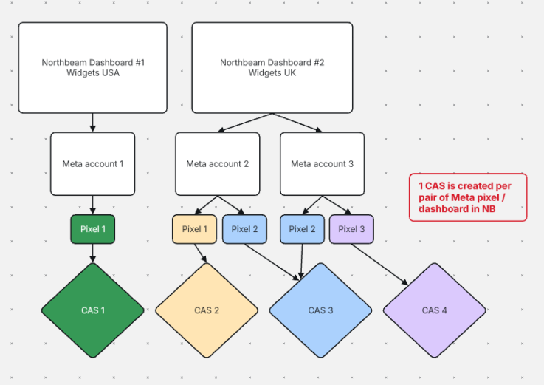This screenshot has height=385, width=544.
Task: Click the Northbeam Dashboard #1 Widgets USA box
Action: tap(92, 68)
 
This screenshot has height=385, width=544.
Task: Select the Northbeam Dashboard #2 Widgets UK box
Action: tap(272, 68)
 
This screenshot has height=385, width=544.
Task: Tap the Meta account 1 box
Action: tap(92, 163)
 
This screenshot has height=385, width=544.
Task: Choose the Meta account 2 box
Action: tap(218, 163)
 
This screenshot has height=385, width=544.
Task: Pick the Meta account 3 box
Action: tap(323, 163)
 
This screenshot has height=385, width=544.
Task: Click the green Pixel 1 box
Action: tap(92, 229)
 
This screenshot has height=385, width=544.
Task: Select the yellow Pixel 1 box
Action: tap(195, 229)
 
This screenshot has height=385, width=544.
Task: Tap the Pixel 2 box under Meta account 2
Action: tap(244, 229)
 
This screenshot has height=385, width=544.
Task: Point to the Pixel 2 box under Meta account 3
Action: tap(302, 229)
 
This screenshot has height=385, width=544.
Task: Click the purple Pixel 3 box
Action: tap(351, 229)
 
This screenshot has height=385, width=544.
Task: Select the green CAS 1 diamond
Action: tap(92, 310)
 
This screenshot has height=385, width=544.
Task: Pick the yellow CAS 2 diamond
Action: tap(207, 310)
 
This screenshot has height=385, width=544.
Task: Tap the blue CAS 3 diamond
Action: tap(320, 310)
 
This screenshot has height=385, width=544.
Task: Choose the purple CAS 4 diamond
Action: tap(434, 310)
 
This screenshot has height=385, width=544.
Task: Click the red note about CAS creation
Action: tap(468, 197)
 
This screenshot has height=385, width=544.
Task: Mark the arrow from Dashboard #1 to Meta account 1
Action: tap(92, 123)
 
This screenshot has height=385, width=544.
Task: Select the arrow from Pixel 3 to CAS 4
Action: tap(379, 264)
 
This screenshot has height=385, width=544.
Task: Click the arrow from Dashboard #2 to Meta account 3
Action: tap(297, 123)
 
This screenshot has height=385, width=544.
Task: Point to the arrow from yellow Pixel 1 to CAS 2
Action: tap(201, 253)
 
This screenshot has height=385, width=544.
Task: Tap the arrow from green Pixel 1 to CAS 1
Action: tap(92, 253)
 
